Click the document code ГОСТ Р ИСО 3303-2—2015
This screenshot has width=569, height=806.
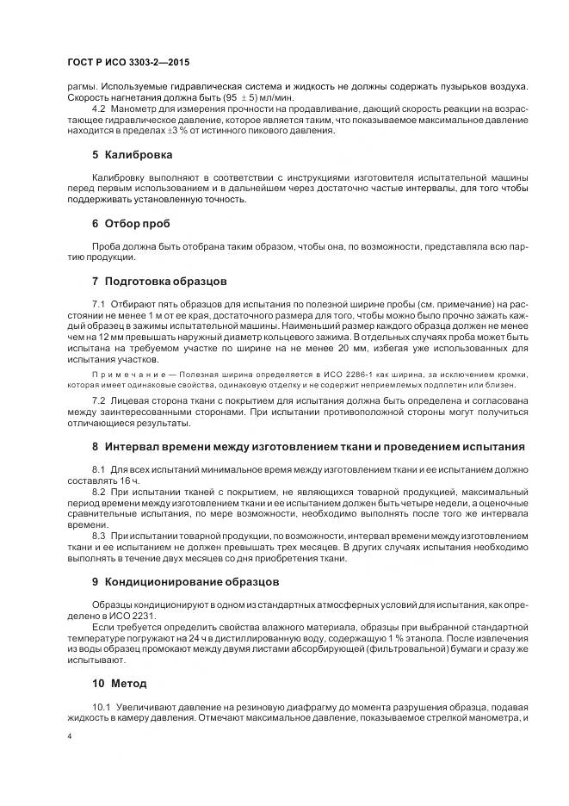click(128, 63)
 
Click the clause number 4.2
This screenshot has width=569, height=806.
click(98, 109)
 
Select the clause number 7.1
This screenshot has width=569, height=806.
click(98, 306)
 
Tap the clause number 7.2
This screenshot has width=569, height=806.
click(98, 402)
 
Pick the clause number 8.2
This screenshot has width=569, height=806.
click(98, 491)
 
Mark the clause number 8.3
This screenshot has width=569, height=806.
click(98, 536)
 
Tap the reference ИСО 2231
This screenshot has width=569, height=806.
click(124, 617)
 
